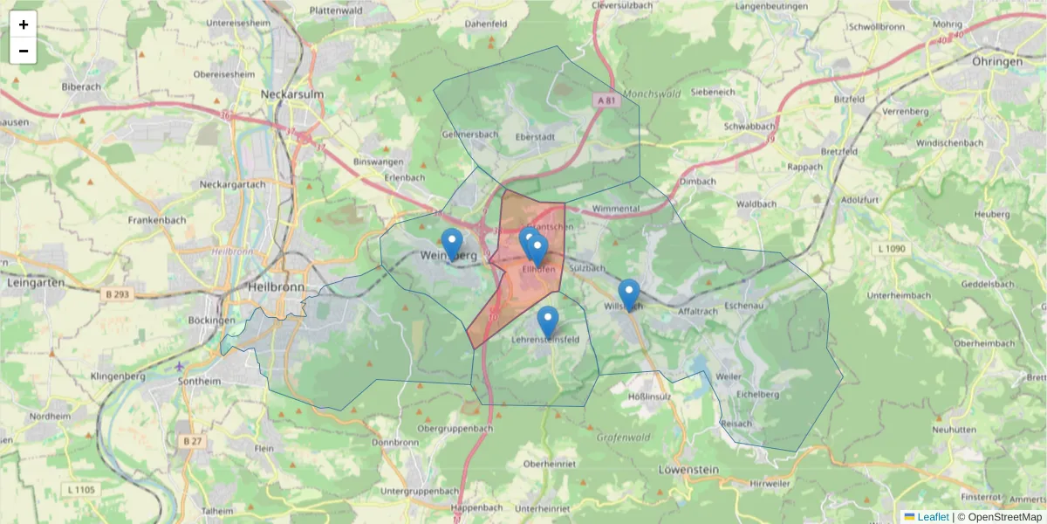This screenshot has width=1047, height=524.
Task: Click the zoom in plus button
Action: tap(24, 24)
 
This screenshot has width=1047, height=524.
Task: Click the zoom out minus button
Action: tap(24, 51)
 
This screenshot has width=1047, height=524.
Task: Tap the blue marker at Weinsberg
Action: tap(452, 244)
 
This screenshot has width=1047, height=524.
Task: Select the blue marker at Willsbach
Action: tap(628, 294)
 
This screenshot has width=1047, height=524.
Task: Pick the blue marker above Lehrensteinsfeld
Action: tap(547, 321)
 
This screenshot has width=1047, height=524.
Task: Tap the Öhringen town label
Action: tap(996, 62)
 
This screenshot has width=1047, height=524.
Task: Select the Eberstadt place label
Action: tap(535, 137)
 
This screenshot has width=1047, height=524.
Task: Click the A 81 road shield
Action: tap(606, 100)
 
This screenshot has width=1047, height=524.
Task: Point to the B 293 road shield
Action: tap(115, 294)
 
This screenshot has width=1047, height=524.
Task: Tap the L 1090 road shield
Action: tap(892, 249)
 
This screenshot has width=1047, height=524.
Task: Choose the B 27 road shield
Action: tap(192, 441)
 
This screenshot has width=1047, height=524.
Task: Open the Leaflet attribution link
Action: tap(932, 517)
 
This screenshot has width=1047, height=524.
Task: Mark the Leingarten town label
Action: tap(31, 283)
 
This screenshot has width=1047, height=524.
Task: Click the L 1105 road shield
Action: tap(81, 489)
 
